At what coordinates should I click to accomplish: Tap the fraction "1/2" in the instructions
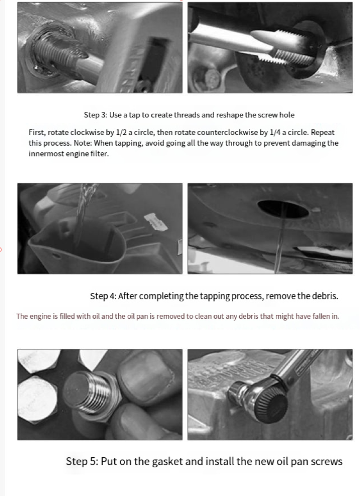point(122,132)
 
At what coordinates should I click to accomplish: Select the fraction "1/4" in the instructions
point(275,132)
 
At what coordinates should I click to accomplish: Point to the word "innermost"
point(46,154)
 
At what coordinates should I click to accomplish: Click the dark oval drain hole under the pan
point(283,209)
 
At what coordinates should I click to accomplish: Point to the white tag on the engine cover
point(155,221)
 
